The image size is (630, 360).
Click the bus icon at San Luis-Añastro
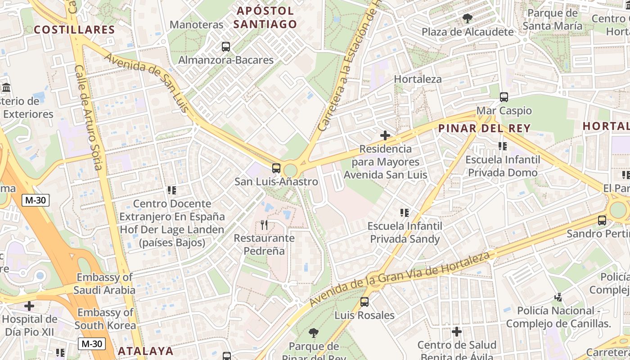pos(276,169)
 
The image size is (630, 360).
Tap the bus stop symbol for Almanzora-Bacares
pos(226,47)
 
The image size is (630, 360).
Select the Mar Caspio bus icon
pos(504,97)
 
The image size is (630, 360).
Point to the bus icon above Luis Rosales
pos(364,302)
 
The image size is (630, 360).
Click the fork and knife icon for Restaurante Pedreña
pos(264,225)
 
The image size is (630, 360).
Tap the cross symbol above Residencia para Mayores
pos(385,135)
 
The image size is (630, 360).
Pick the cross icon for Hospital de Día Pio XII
pos(29,306)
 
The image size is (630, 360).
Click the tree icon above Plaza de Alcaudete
pos(467,18)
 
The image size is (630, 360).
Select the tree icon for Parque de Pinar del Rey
pos(314,333)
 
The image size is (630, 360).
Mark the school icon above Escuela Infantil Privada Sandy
pos(404,212)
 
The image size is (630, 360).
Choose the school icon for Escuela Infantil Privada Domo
pos(503,146)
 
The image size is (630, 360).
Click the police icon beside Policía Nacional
pos(558,297)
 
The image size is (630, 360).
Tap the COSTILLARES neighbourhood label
pos(75,30)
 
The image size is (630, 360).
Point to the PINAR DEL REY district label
pos(484,128)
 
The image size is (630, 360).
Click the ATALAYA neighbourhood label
pos(145,351)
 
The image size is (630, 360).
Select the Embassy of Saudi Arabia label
pos(105,283)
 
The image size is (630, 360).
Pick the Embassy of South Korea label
pos(105,319)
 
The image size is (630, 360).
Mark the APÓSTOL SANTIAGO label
pos(265,18)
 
